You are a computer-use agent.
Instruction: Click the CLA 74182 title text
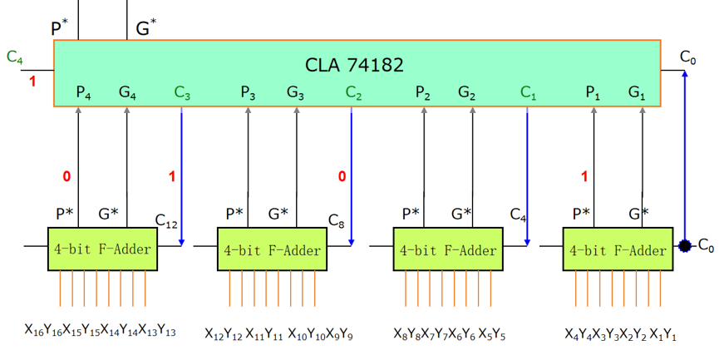tap(354, 63)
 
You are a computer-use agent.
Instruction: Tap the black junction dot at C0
tap(685, 246)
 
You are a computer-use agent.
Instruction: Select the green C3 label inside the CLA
tap(183, 92)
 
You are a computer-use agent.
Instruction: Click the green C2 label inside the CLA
tap(353, 92)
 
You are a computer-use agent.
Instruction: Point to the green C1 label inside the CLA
tap(528, 92)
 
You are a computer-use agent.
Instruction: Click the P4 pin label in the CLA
tap(83, 92)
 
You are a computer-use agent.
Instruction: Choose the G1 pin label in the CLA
tap(637, 92)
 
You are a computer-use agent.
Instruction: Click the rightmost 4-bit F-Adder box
tap(616, 249)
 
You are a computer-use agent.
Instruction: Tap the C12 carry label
tap(166, 221)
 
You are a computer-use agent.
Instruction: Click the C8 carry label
tap(336, 221)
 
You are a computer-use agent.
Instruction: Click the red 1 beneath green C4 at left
tap(33, 81)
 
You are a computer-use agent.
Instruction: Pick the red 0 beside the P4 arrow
tap(66, 176)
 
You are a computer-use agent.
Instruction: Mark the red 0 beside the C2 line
tap(342, 176)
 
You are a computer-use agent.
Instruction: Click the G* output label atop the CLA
tap(145, 29)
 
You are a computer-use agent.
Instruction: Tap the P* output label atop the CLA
tap(60, 29)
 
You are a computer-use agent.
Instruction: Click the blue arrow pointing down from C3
tap(181, 175)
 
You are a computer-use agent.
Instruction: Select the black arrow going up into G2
tap(472, 166)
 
